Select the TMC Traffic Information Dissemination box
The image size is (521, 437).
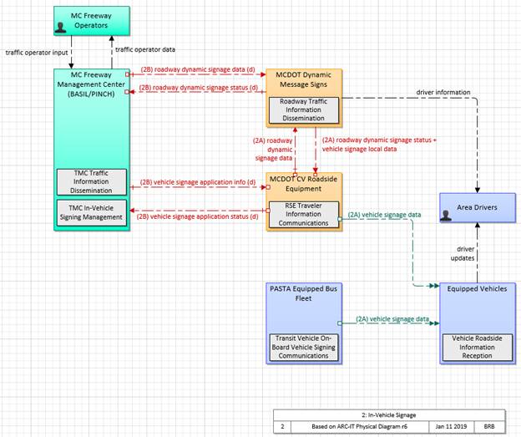93,180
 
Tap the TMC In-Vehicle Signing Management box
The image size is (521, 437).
93,211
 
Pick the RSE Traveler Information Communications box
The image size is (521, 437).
304,213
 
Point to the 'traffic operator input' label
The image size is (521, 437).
37,52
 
